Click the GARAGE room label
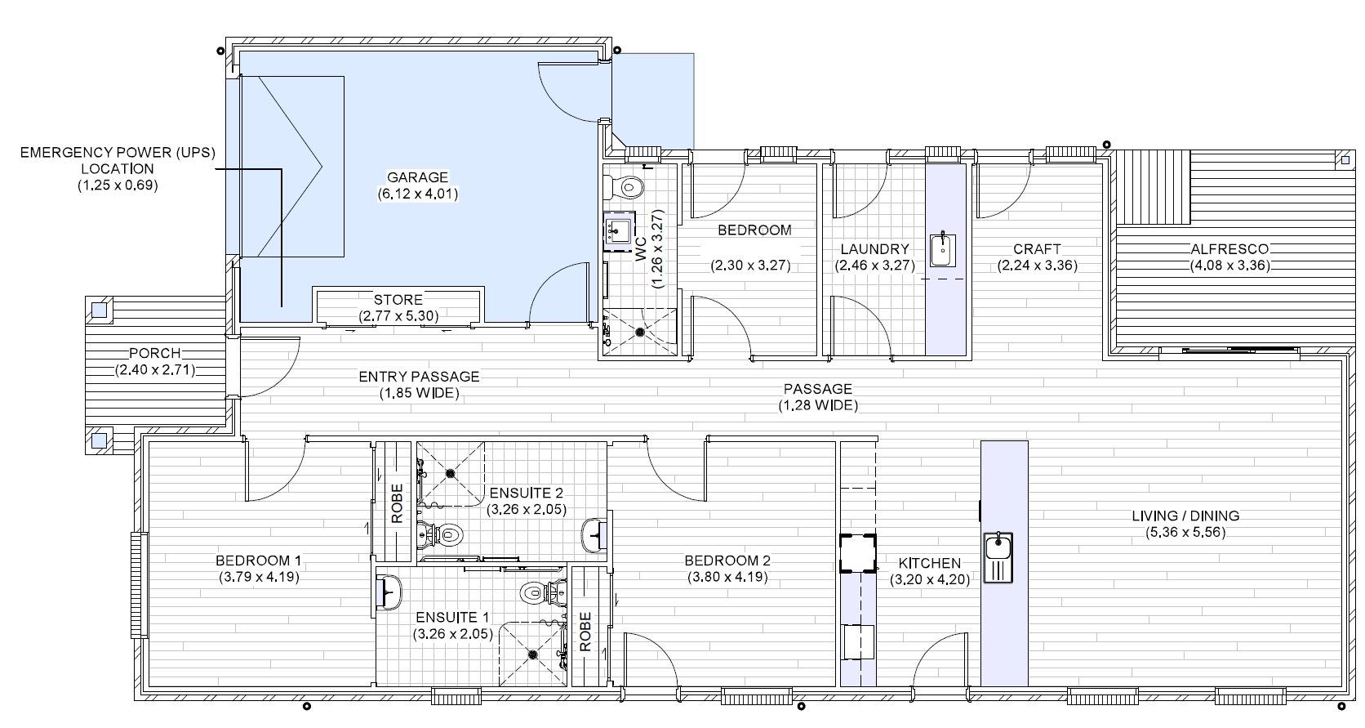coord(417,177)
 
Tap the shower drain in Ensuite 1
coord(533,654)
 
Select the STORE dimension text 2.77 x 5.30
coord(398,315)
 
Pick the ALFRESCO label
coord(1229,249)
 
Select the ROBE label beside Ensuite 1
coord(585,632)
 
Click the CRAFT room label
coord(1037,248)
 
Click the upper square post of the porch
coord(99,310)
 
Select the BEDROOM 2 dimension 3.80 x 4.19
coord(727,577)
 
